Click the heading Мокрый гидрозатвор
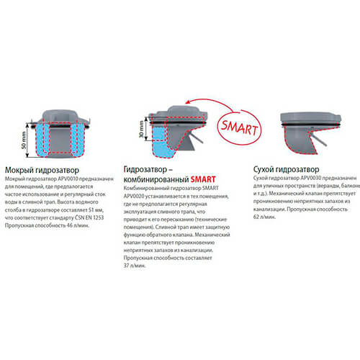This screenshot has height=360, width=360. point(42,170)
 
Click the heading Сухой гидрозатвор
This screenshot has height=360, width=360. point(286,169)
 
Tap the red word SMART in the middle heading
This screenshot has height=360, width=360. point(203,179)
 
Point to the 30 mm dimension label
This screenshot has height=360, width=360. point(141,130)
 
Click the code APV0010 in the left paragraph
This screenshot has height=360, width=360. point(68,179)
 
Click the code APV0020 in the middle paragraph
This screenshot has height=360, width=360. point(134,197)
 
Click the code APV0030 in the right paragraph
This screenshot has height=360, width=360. point(311,178)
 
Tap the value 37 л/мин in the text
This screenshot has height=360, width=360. point(135,266)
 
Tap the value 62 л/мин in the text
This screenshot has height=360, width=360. point(264,217)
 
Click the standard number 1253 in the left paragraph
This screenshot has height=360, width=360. point(98,217)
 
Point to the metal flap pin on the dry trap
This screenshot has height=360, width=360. point(318,140)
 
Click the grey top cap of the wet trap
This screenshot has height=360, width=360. point(60,116)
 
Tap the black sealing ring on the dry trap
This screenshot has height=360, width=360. point(311,125)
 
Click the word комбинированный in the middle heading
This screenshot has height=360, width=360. point(156,180)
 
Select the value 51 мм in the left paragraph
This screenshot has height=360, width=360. point(96,210)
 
